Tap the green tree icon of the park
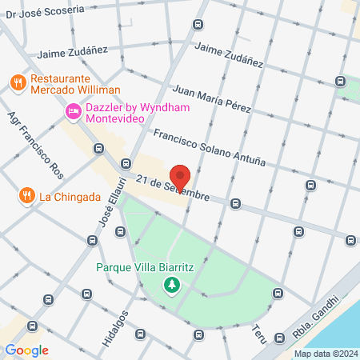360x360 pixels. [171, 285]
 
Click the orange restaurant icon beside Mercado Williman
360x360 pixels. [17, 81]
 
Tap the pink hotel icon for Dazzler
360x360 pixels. [73, 112]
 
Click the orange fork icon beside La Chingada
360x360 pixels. [27, 196]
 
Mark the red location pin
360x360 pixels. [180, 177]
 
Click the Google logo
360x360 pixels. [26, 350]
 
